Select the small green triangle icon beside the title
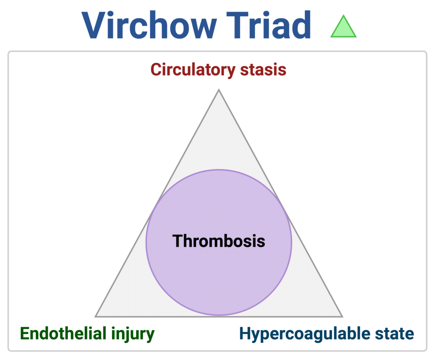click(343, 27)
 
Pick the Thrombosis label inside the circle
click(218, 241)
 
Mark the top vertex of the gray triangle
click(218, 90)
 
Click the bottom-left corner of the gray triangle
click(96, 317)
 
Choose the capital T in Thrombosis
click(178, 241)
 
